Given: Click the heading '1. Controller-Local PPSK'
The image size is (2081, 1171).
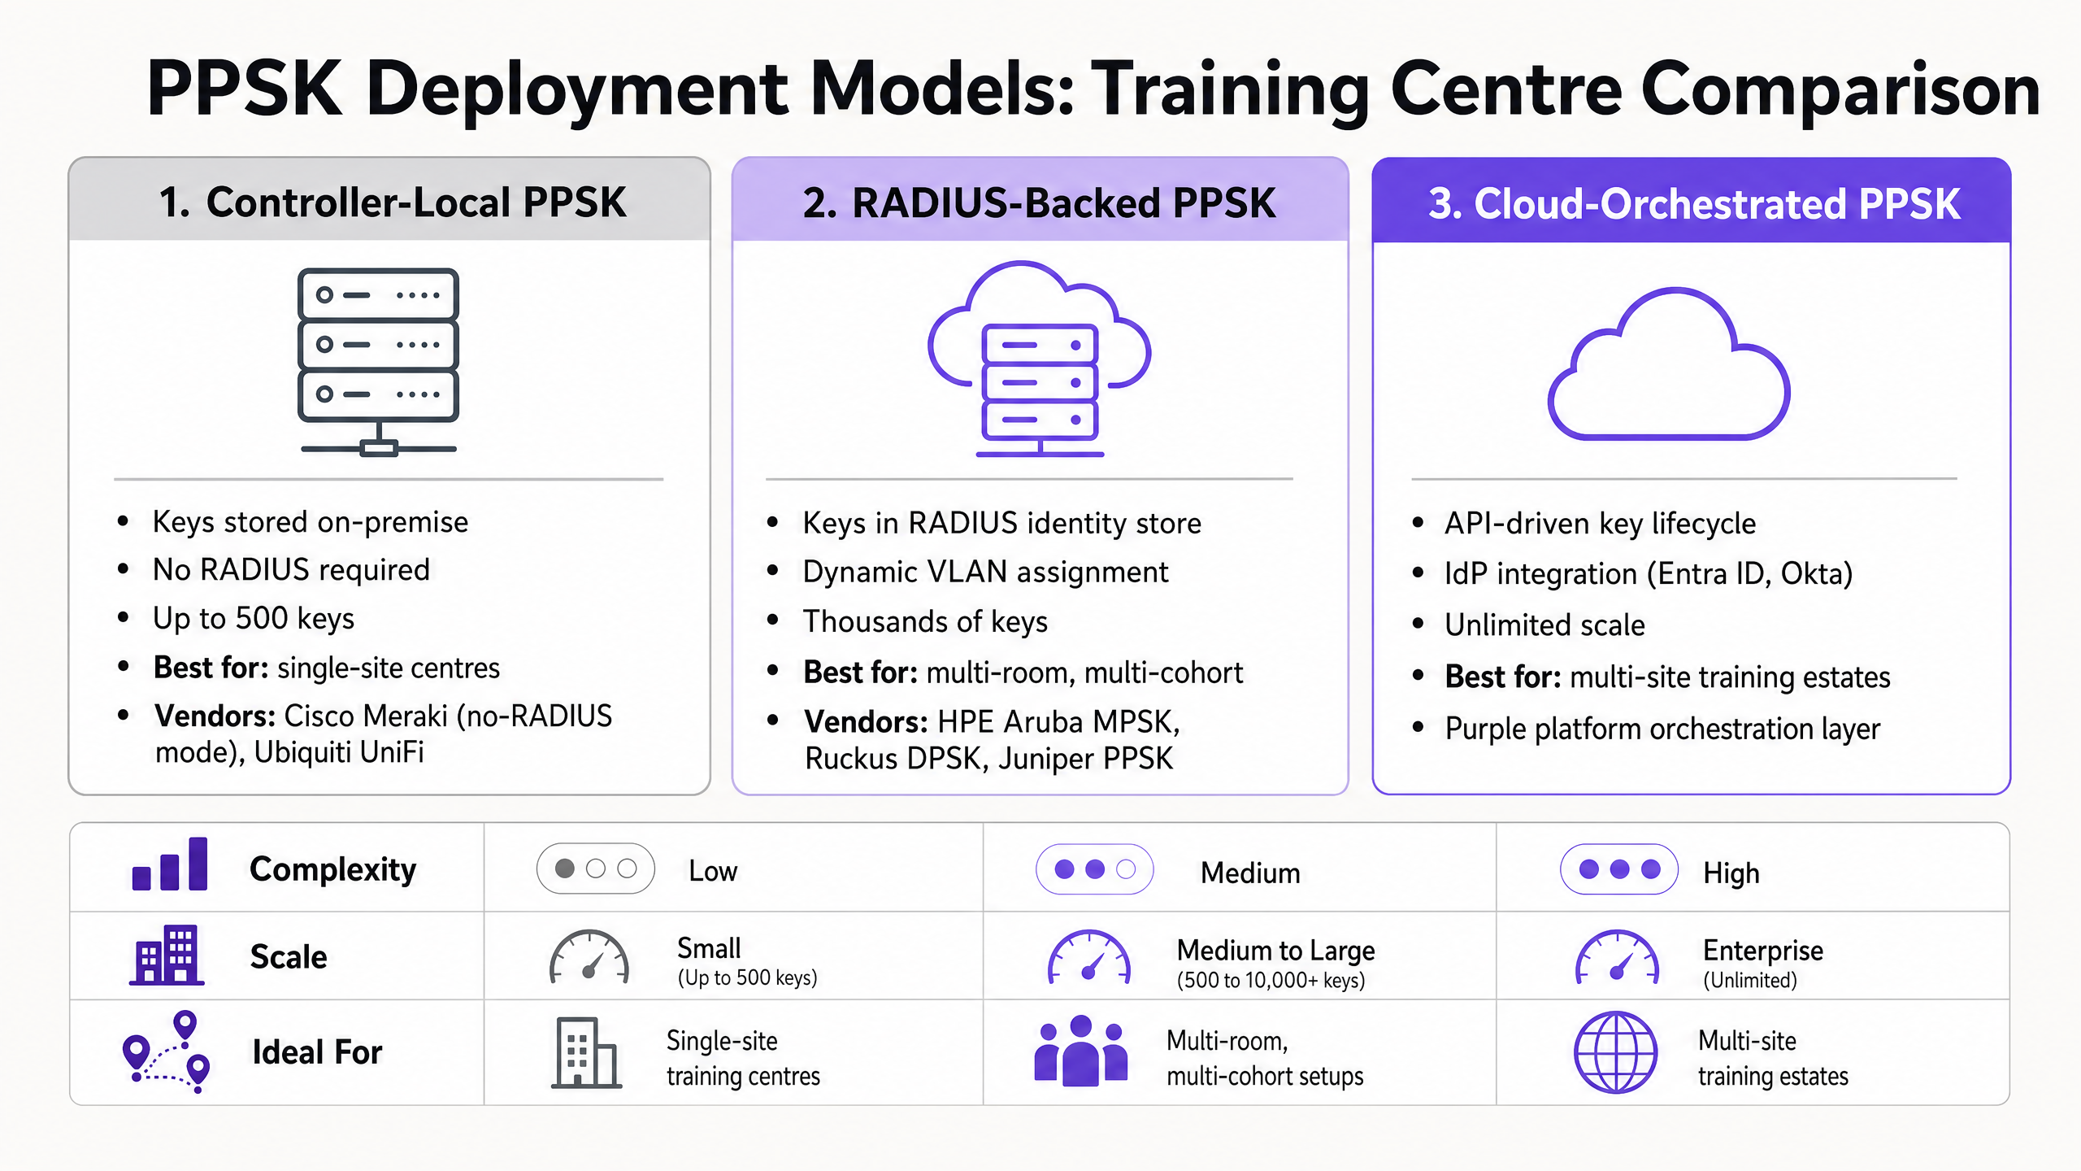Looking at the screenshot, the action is pos(393,202).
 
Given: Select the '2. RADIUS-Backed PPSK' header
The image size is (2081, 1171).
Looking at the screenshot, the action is pos(1040,202).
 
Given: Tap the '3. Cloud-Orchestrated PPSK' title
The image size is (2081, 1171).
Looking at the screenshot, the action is pos(1694,203).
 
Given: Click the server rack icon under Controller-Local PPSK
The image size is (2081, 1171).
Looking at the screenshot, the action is pos(379,362).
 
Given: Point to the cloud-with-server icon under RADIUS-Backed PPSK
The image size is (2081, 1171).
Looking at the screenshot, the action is pos(1040,359).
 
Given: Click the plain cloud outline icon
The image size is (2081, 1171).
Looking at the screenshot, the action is pos(1669,363).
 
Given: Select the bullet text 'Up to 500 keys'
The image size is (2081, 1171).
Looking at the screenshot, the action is pos(254,619).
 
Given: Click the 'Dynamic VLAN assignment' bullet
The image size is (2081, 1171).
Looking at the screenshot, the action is pos(985,572).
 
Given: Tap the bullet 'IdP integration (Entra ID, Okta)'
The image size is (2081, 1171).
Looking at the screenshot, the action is pos(1649,574).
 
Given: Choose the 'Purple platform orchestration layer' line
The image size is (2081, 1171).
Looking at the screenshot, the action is pos(1662,729).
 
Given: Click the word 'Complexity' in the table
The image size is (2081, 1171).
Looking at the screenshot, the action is pos(332,869).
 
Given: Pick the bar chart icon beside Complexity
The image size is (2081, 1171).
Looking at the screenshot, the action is pos(170,864).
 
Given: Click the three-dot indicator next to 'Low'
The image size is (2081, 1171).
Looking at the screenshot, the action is pos(596,868).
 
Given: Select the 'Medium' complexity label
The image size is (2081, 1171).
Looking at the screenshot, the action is pos(1250,873).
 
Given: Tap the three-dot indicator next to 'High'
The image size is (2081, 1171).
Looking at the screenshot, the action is pos(1619,869).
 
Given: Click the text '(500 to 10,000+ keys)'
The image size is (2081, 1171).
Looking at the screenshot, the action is pos(1271,980).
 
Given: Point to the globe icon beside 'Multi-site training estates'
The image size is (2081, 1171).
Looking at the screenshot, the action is pos(1616,1052).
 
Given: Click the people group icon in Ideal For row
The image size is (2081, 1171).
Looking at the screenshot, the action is pos(1081,1050).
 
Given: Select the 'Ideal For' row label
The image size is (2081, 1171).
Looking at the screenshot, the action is pos(317,1052).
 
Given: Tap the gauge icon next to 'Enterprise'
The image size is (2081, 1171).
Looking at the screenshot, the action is pos(1618,957).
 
